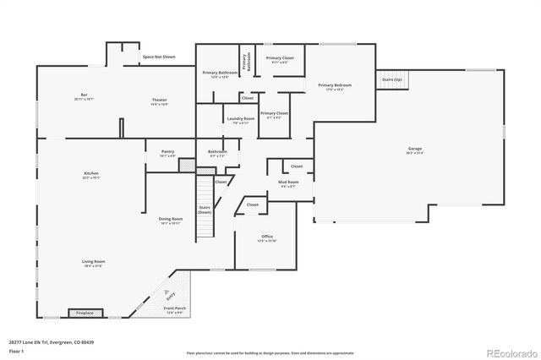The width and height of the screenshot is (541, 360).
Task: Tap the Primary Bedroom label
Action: coord(335,86)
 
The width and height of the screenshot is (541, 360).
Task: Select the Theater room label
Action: coord(160,101)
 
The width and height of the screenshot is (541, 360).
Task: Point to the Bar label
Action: coord(85,95)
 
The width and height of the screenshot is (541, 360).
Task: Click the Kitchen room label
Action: coord(91,176)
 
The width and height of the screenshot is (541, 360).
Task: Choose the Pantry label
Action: coord(167,154)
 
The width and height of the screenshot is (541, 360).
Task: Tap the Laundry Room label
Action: coord(240,120)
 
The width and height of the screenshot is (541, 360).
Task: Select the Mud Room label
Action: coord(288,183)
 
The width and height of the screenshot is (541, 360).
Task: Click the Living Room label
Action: coord(93,264)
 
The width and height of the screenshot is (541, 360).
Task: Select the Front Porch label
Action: coord(175,310)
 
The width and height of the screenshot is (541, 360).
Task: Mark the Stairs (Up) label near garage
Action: coord(391,79)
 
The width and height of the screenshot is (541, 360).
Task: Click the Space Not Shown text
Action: coord(159,57)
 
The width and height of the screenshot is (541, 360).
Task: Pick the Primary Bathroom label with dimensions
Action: coord(220,74)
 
